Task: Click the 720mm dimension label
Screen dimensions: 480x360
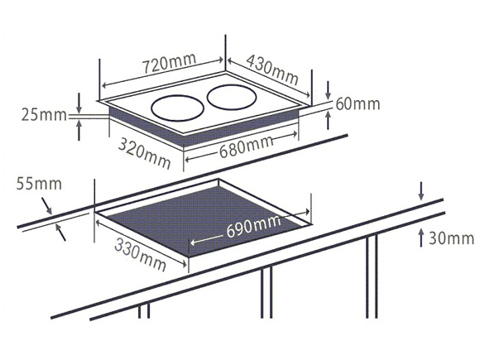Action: coord(169,64)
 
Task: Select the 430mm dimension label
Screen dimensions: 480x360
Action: coord(272,70)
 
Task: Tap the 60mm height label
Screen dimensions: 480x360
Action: coord(358,103)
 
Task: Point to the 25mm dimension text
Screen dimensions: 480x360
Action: coord(44,115)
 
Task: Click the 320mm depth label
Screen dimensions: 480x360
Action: coord(144,153)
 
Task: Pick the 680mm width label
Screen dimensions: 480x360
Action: coord(246,146)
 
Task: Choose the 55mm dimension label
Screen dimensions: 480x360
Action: coord(39,184)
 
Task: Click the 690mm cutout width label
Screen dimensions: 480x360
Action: coord(253,226)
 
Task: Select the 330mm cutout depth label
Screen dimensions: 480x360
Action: coord(141,255)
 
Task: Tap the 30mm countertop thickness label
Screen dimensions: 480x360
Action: coord(452,238)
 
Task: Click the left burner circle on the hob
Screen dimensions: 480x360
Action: coord(178,108)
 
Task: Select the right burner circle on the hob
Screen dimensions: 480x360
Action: coord(232,97)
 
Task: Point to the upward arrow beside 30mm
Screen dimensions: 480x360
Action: coord(421,238)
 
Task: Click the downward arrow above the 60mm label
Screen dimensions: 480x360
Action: coord(329,90)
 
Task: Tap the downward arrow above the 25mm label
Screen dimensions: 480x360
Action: coord(79,103)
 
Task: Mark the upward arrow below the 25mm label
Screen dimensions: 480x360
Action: coord(79,130)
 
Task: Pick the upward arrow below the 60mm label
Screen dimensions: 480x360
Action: coord(329,120)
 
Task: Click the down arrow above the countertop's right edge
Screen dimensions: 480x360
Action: coord(421,191)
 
